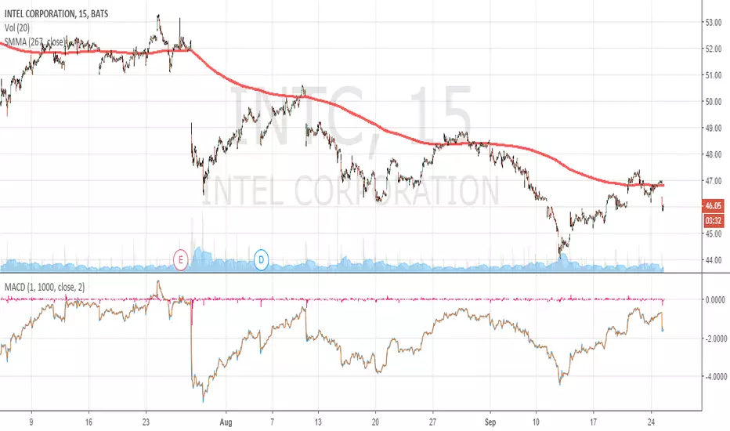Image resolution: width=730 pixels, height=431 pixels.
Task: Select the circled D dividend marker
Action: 262,258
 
